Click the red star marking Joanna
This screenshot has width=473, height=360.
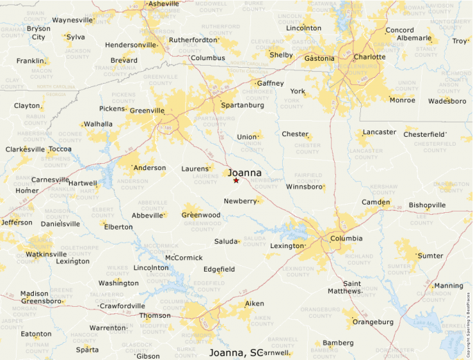click(x=236, y=180)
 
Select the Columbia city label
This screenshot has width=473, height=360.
click(x=346, y=238)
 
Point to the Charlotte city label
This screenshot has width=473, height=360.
click(x=369, y=57)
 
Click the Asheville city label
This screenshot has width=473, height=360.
click(x=163, y=3)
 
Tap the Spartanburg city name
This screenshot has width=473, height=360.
click(x=242, y=106)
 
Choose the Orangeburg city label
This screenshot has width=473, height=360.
click(x=373, y=322)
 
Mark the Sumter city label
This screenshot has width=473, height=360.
click(x=430, y=256)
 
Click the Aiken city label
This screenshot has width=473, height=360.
click(x=254, y=303)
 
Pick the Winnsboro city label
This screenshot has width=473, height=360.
click(x=305, y=187)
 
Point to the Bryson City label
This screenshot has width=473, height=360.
click(x=38, y=32)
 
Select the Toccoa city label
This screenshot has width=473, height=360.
click(x=60, y=149)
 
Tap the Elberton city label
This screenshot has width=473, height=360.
click(x=118, y=227)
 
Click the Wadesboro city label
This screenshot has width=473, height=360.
click(x=447, y=101)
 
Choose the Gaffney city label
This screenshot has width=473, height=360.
click(x=270, y=84)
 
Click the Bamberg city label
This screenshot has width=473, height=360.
click(x=338, y=343)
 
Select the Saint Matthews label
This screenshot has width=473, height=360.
click(x=352, y=287)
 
